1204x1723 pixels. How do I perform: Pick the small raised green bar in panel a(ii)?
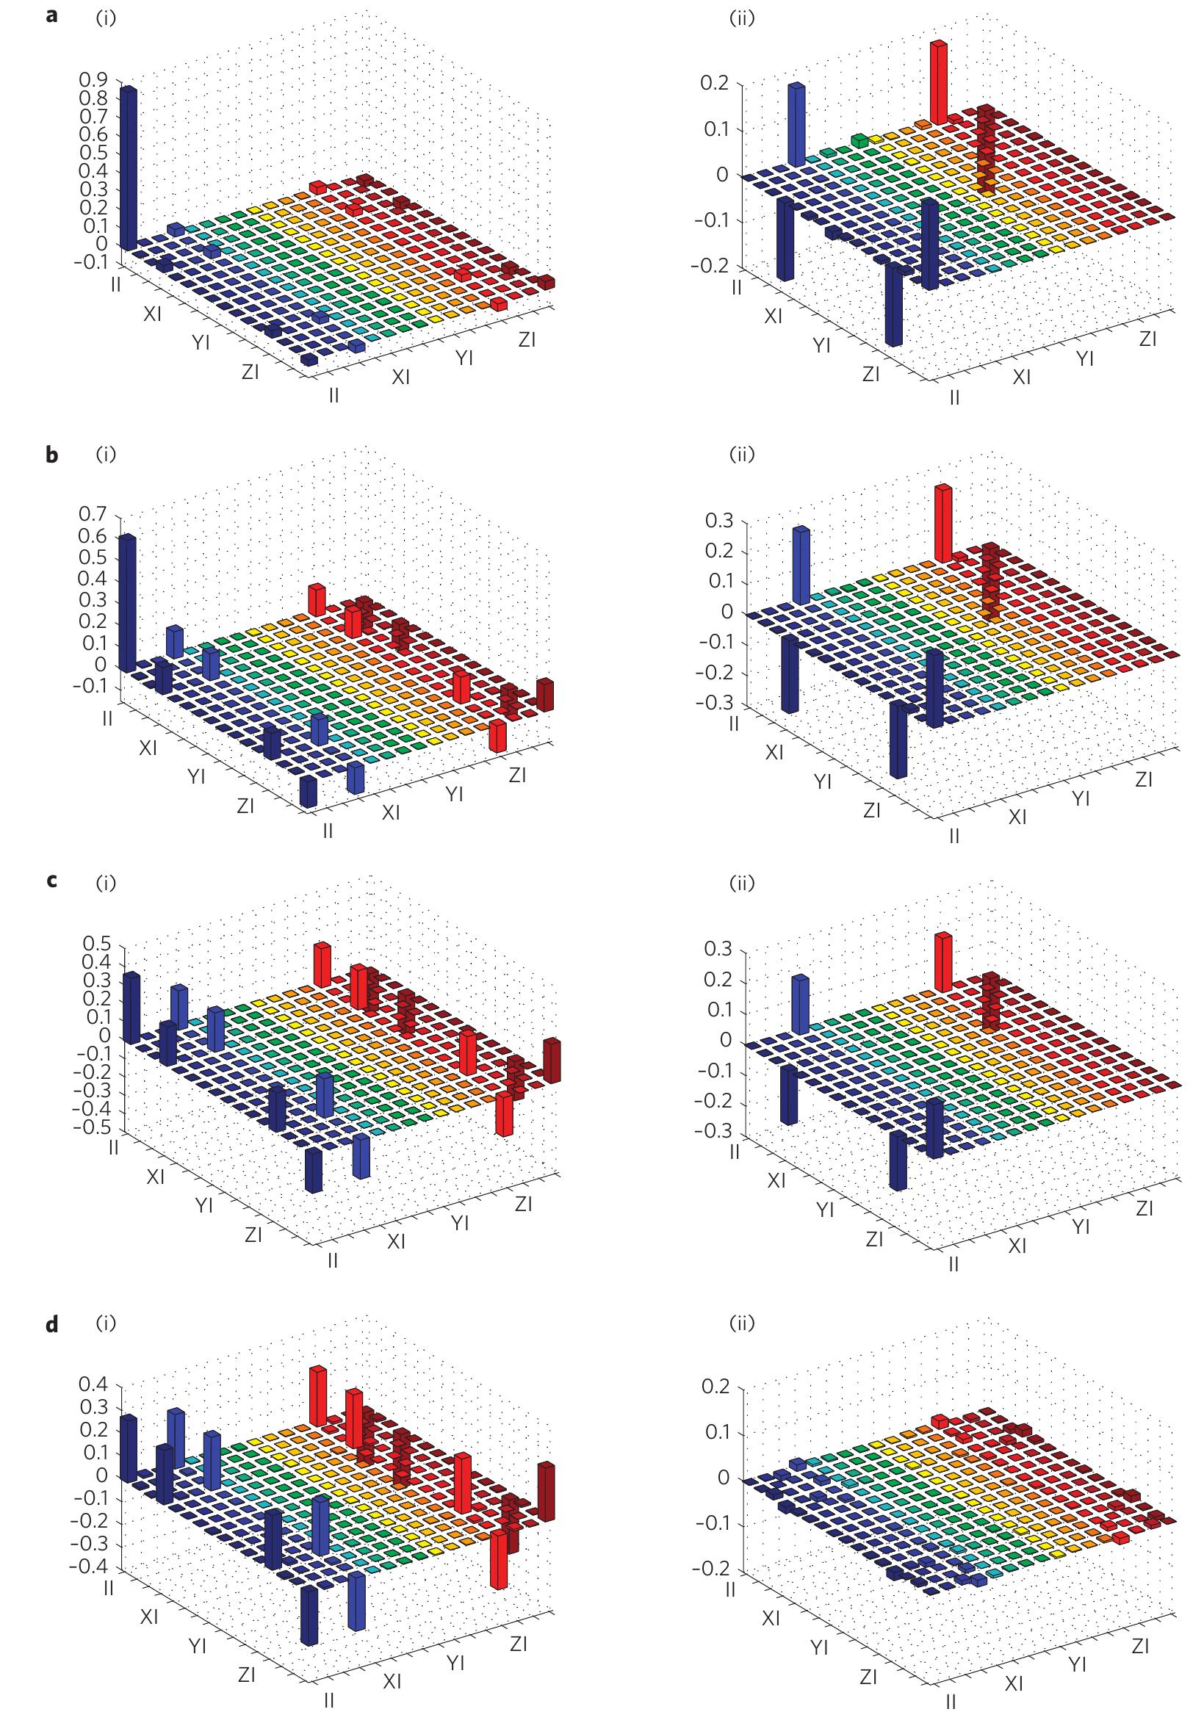click(x=860, y=140)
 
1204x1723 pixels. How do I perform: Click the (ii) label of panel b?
click(x=742, y=455)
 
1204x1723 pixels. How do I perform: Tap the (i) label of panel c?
click(x=106, y=884)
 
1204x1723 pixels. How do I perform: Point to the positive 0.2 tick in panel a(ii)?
click(x=715, y=82)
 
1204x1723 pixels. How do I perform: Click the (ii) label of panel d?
click(x=742, y=1323)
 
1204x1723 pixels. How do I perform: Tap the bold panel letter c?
click(x=51, y=884)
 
